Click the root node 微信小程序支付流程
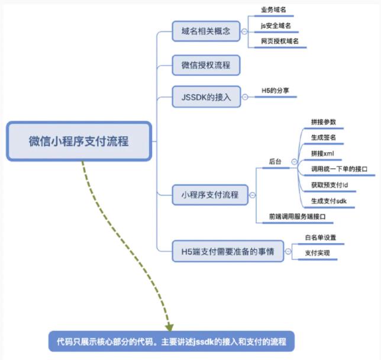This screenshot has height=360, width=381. pyautogui.click(x=79, y=141)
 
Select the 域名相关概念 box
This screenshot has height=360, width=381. pyautogui.click(x=206, y=31)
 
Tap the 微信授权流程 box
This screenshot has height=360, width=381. pyautogui.click(x=206, y=65)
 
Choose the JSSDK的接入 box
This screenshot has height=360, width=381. pyautogui.click(x=206, y=97)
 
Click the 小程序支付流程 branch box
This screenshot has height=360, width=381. pyautogui.click(x=210, y=195)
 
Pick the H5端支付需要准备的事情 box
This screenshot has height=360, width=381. pyautogui.click(x=228, y=251)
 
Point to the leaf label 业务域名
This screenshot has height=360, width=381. pyautogui.click(x=273, y=9)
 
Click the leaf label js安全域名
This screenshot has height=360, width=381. pyautogui.click(x=276, y=25)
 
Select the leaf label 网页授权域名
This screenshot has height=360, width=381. pyautogui.click(x=280, y=41)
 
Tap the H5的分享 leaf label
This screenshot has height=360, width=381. pyautogui.click(x=275, y=91)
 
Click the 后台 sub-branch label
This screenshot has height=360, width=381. pyautogui.click(x=275, y=162)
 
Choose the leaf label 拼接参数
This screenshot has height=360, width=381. pyautogui.click(x=324, y=122)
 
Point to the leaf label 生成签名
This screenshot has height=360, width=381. pyautogui.click(x=324, y=137)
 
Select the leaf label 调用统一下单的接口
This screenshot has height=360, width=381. pyautogui.click(x=339, y=169)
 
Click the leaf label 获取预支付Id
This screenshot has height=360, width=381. pyautogui.click(x=330, y=185)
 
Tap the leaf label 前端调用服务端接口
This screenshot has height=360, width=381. pyautogui.click(x=297, y=216)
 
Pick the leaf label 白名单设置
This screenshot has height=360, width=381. pyautogui.click(x=321, y=237)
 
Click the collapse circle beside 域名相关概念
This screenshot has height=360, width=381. pyautogui.click(x=244, y=31)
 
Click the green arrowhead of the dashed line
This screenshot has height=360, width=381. pyautogui.click(x=169, y=327)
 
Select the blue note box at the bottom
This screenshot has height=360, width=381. pyautogui.click(x=172, y=341)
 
